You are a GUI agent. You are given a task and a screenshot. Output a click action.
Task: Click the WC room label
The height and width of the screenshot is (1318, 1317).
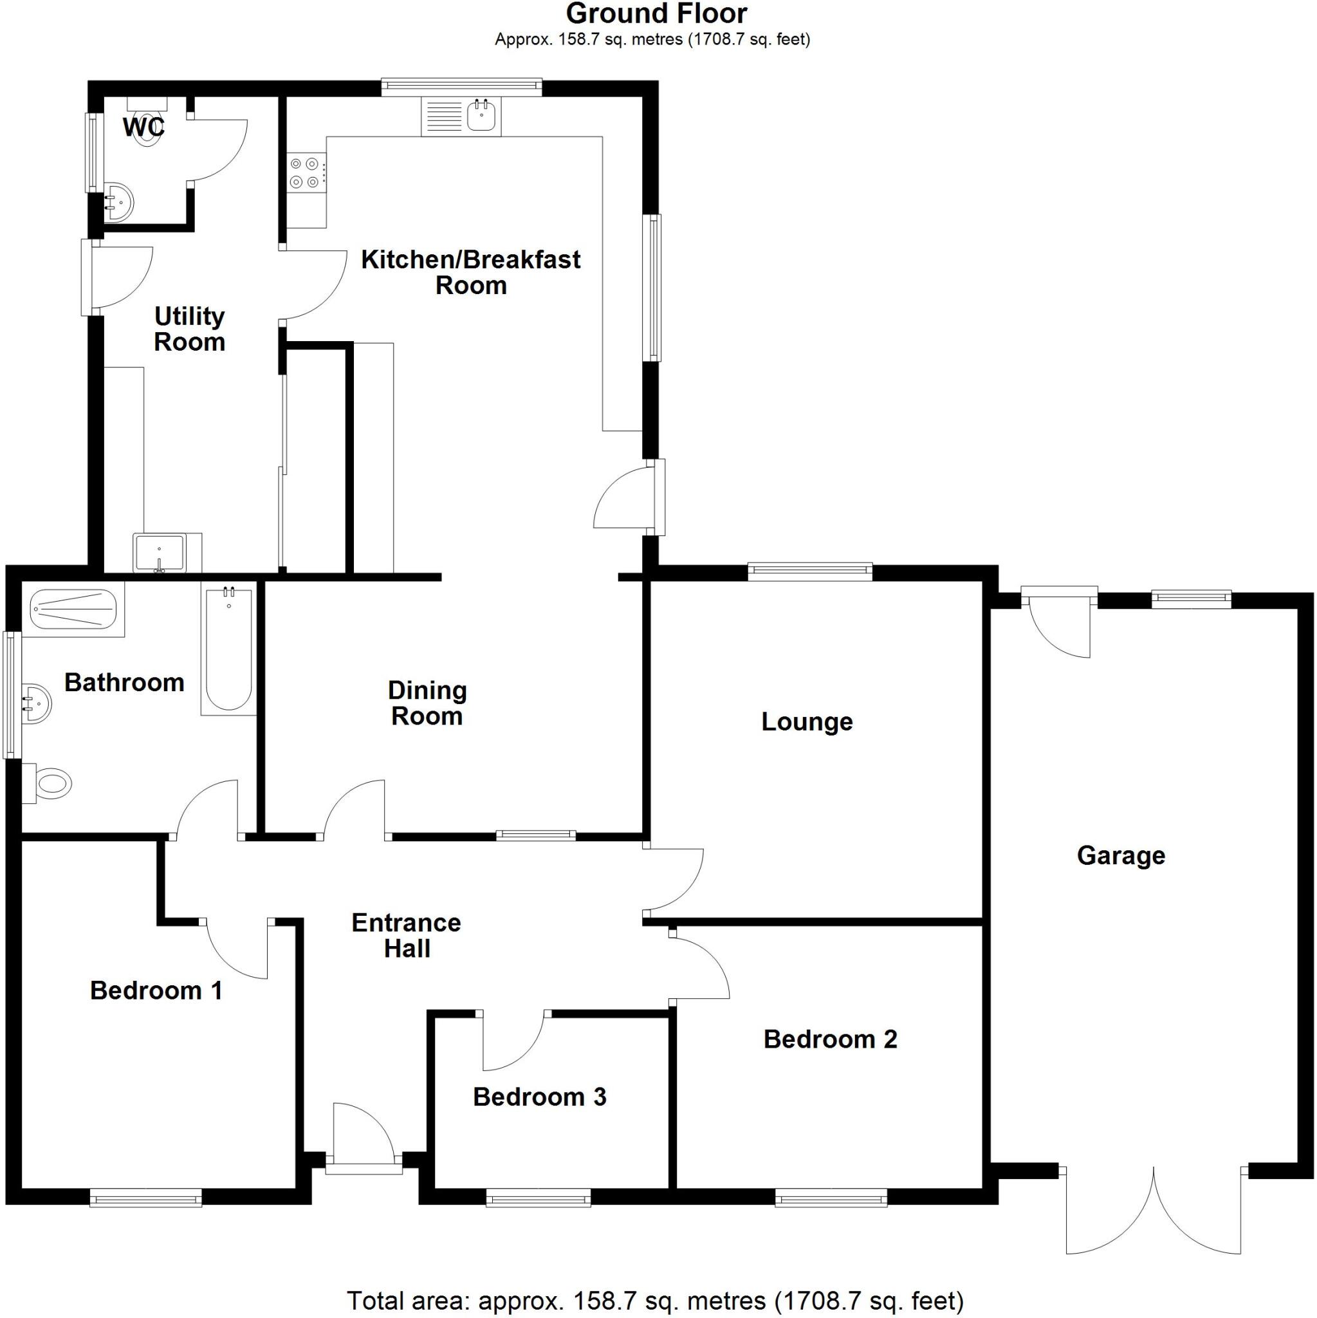143,127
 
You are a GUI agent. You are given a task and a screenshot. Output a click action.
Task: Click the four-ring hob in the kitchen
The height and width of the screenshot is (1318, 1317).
304,172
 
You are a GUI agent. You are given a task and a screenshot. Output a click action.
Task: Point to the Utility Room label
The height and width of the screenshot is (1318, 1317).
189,329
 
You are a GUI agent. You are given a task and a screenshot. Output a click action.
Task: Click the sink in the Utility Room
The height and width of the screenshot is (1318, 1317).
160,552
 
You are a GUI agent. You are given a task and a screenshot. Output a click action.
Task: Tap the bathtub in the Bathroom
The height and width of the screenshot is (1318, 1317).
228,648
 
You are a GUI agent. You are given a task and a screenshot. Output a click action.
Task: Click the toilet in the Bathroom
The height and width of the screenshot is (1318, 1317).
50,784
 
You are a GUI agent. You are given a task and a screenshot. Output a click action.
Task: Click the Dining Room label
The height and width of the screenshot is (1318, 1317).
427,703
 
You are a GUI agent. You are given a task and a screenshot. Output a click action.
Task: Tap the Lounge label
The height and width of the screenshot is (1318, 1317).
807,722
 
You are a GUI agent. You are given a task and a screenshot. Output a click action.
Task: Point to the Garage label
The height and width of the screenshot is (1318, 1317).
1121,855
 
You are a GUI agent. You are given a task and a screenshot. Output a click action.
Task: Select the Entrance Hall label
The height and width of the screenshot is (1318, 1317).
407,935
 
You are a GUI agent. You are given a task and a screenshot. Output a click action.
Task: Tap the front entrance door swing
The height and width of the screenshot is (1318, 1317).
362,1133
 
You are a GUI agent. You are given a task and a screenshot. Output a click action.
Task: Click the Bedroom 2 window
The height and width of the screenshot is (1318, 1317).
831,1197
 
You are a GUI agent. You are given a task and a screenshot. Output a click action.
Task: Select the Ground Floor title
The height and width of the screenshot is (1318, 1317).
656,14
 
